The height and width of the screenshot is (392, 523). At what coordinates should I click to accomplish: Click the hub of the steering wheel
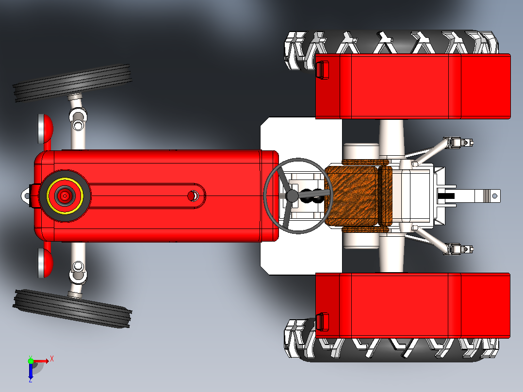click(292, 196)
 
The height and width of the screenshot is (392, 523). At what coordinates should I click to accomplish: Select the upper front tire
click(72, 83)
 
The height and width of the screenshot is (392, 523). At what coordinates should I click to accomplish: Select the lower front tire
click(72, 309)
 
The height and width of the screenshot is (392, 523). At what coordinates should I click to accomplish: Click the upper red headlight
click(46, 129)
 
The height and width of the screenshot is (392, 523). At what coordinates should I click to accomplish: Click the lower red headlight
click(46, 262)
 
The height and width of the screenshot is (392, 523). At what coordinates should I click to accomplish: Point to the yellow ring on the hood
click(65, 196)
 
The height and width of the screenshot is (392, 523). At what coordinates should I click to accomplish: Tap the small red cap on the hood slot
click(192, 196)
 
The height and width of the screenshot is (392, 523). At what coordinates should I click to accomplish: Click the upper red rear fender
click(413, 86)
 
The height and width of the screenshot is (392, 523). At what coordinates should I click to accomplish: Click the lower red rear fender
click(413, 306)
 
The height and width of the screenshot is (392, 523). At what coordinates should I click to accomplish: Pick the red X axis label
click(52, 359)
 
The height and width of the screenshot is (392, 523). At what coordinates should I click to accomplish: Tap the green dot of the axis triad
click(31, 360)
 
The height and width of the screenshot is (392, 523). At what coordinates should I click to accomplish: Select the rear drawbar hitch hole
click(495, 196)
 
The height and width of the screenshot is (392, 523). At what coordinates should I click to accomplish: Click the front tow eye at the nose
click(26, 196)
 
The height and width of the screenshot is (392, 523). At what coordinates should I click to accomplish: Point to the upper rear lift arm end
click(458, 143)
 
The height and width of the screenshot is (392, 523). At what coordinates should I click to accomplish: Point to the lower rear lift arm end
click(458, 249)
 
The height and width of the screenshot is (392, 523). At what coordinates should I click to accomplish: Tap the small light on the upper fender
click(322, 70)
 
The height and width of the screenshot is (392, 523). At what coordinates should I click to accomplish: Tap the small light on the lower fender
click(322, 322)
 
